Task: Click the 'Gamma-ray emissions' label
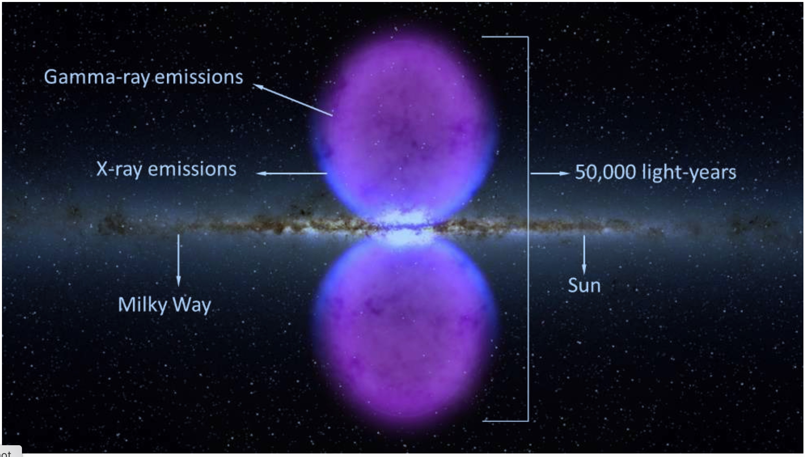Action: pos(144,77)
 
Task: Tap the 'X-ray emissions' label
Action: pos(166,170)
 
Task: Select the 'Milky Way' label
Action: pos(165,305)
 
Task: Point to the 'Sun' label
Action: pos(584,285)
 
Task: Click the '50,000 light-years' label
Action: pos(656,172)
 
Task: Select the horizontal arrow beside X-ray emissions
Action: pos(291,173)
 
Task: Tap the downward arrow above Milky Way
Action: pos(178,260)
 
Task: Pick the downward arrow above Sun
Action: pos(584,254)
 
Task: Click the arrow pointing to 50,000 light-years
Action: pos(550,173)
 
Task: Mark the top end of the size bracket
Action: pos(482,37)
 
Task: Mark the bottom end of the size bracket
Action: pos(483,420)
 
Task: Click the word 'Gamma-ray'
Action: pos(97,77)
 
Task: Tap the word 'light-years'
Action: pos(689,172)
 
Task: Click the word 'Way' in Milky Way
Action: pos(192,305)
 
